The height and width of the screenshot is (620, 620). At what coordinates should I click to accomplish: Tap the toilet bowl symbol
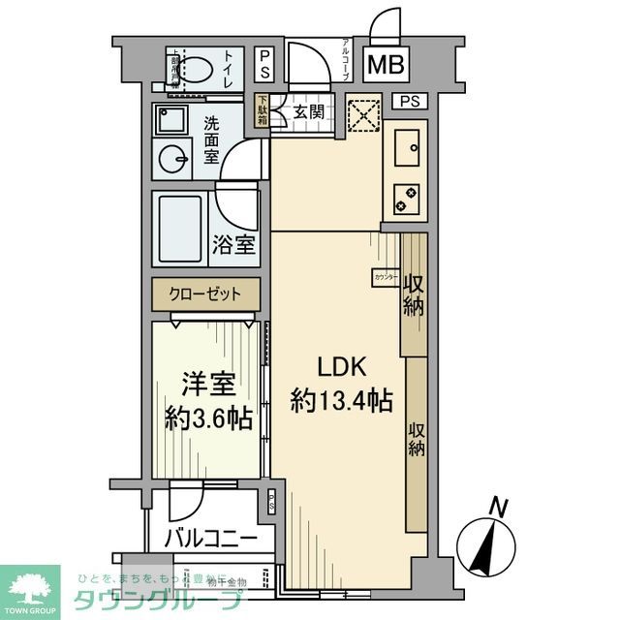[198, 70]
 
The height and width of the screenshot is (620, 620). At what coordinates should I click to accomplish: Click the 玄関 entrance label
[309, 111]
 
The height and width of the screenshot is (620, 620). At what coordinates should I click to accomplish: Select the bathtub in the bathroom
[182, 228]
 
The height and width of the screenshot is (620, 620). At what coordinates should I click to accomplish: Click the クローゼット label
[205, 293]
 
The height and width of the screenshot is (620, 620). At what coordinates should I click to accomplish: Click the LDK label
[338, 367]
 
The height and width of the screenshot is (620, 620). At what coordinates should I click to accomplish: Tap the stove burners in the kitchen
[405, 198]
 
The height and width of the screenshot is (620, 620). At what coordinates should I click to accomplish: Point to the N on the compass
[498, 504]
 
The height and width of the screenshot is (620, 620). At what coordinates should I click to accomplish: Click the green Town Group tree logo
[30, 585]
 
